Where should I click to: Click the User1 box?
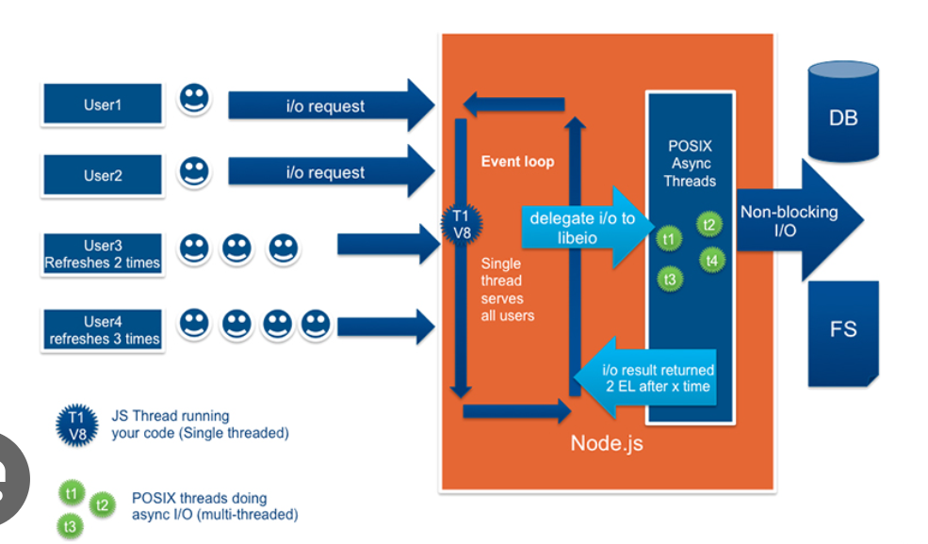pos(103,104)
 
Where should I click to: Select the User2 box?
pos(103,175)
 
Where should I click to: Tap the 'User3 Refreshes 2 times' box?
pos(103,254)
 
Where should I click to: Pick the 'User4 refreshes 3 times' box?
pos(103,330)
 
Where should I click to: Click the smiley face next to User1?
pos(194,98)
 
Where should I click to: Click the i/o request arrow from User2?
pos(332,172)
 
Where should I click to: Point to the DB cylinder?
pos(843,112)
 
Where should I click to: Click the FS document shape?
pos(843,334)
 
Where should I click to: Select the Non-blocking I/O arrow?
pos(799,220)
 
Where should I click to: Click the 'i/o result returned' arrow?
pos(645,377)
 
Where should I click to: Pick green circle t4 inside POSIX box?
pos(711,261)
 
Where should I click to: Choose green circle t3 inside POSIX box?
pos(669,280)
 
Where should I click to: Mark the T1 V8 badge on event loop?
pos(462,225)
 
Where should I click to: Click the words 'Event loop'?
pos(518,162)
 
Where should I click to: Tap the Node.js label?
pos(607,443)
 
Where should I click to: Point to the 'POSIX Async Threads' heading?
pos(690,163)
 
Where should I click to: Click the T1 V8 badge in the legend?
pos(77,425)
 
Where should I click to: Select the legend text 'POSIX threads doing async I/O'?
pos(215,506)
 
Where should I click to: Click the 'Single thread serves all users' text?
pos(507,290)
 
